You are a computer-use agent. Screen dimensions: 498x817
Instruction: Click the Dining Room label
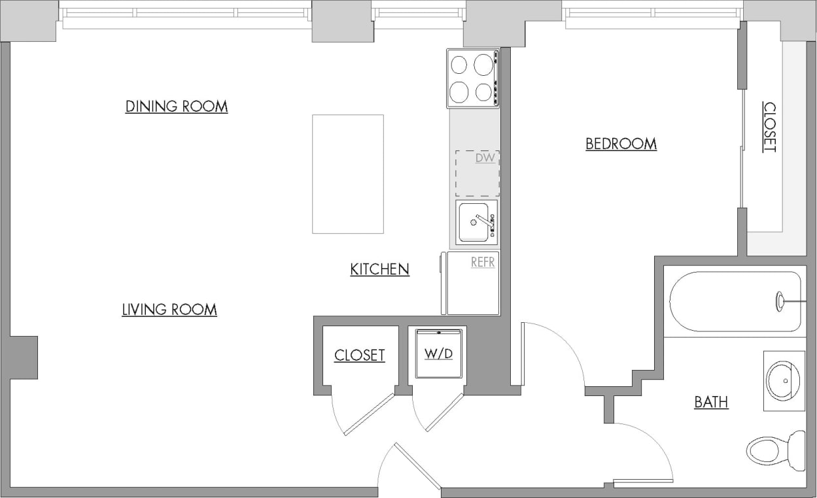point(177,107)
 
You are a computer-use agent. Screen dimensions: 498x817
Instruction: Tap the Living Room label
point(169,310)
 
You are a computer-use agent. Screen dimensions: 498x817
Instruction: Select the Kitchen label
point(379,269)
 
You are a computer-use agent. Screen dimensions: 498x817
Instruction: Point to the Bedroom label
point(621,144)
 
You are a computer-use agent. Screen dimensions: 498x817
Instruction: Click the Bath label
point(711,402)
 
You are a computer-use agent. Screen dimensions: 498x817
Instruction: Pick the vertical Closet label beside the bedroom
point(770,127)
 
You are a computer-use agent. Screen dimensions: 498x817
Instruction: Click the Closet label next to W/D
point(359,356)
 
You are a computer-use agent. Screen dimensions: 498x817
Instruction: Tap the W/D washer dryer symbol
point(439,354)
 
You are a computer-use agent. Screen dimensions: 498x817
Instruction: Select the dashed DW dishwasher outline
point(478,174)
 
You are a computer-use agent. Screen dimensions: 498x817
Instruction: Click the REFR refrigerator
point(474,284)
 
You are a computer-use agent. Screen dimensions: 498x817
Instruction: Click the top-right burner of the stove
point(483,65)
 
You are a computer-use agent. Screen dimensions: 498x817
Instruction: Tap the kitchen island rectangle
point(347,174)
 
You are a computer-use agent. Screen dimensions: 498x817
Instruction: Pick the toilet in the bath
point(776,450)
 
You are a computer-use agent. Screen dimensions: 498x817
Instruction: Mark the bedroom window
point(652,14)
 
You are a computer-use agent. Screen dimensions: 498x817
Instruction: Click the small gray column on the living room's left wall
point(24,357)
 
